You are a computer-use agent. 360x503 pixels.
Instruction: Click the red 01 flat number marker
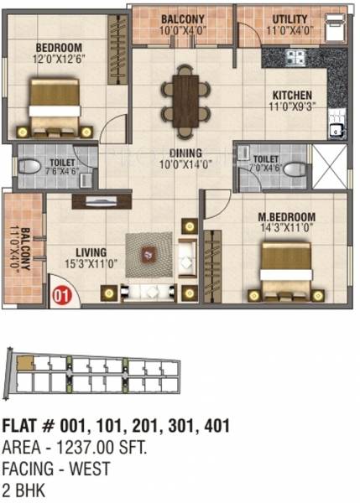click(x=60, y=293)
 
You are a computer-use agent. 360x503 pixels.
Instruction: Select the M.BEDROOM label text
click(x=286, y=215)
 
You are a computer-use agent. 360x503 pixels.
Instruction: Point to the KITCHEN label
click(x=291, y=96)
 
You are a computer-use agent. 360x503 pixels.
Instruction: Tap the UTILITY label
click(x=289, y=18)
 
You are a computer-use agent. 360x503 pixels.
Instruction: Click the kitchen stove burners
click(x=295, y=58)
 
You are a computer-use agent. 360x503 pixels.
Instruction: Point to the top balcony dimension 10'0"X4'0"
click(x=183, y=29)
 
